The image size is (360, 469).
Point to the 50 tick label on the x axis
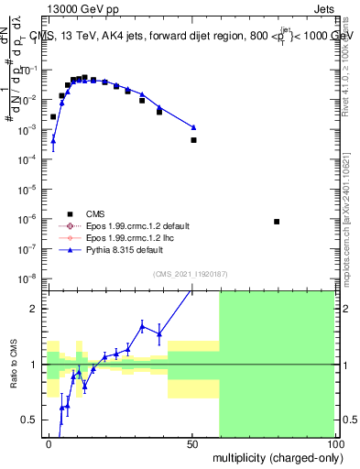pyautogui.click(x=191, y=442)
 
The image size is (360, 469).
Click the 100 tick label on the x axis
pyautogui.click(x=334, y=442)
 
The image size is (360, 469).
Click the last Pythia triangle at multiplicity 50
pyautogui.click(x=193, y=127)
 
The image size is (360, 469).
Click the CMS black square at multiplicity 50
pyautogui.click(x=193, y=140)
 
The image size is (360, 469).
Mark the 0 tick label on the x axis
pyautogui.click(x=49, y=442)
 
